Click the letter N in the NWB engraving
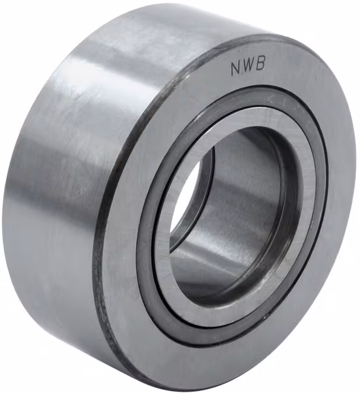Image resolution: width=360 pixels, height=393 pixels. point(235,69)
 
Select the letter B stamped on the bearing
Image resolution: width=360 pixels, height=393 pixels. point(260,64)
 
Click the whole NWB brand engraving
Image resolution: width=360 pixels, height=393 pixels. point(247,66)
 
